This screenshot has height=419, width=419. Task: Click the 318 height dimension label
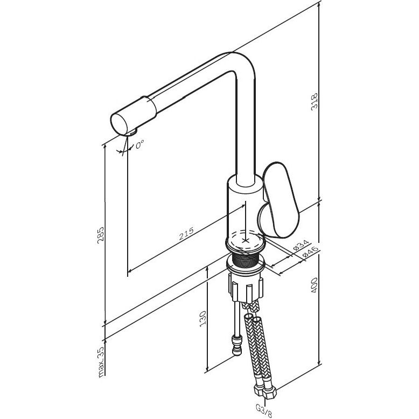pyautogui.click(x=315, y=101)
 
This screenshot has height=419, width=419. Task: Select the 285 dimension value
pyautogui.click(x=101, y=235)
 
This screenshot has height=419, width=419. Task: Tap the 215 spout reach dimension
pyautogui.click(x=186, y=234)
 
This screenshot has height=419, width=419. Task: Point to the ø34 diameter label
pyautogui.click(x=301, y=245)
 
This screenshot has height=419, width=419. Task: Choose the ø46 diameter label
pyautogui.click(x=310, y=252)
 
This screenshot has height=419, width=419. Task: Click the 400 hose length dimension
pyautogui.click(x=315, y=285)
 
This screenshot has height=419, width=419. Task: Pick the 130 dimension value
pyautogui.click(x=203, y=318)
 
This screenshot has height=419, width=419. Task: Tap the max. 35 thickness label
pyautogui.click(x=101, y=362)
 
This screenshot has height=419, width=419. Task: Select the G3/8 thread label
pyautogui.click(x=264, y=409)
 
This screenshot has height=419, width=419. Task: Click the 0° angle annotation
pyautogui.click(x=139, y=144)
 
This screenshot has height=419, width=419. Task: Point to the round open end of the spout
pyautogui.click(x=120, y=125)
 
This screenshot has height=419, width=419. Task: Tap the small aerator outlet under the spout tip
pyautogui.click(x=134, y=131)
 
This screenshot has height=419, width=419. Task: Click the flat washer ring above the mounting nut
pyautogui.click(x=246, y=264)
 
